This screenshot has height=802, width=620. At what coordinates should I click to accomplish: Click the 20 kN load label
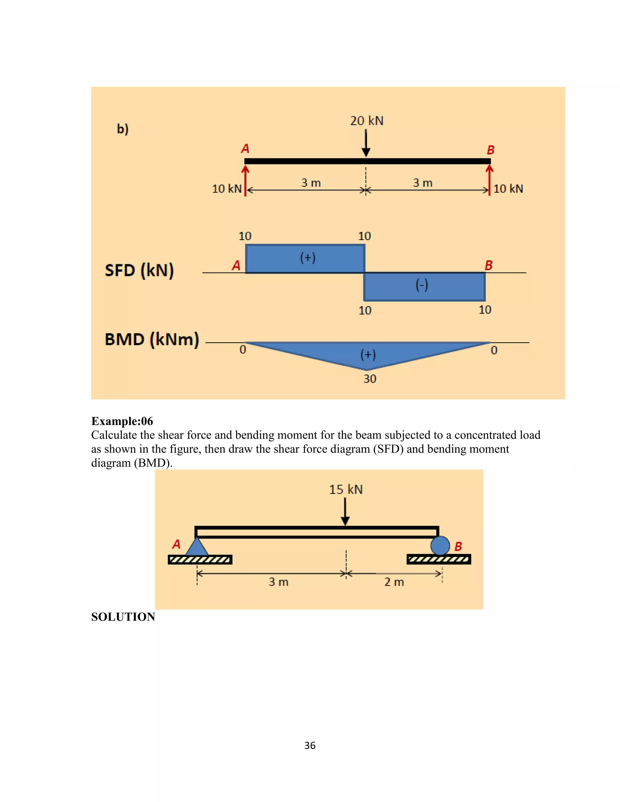coord(366,121)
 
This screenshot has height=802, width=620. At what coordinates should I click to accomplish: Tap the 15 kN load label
coord(346,489)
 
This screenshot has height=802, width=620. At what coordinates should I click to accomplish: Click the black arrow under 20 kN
coord(366,143)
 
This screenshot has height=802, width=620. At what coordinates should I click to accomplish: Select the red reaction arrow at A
coord(245,180)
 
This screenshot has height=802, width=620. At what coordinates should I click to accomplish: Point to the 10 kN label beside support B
coord(508,189)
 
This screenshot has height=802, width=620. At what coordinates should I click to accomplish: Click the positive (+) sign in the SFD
coord(308,258)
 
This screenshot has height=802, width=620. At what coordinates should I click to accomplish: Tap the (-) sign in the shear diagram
coord(422,285)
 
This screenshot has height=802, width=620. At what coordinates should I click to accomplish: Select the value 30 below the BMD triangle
coord(370,379)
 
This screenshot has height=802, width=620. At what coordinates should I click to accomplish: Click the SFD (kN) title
coord(139,271)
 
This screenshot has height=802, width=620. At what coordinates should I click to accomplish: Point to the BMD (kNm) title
coord(152,339)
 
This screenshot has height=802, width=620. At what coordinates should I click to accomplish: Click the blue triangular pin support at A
coord(197,547)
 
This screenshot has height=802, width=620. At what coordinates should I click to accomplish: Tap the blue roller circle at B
coord(440,545)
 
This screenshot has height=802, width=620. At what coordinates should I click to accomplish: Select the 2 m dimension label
coord(394,582)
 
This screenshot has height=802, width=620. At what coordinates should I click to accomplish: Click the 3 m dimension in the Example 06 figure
coord(279,582)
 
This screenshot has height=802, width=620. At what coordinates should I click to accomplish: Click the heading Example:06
coord(122,421)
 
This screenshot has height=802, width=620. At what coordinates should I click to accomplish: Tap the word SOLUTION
coord(123,617)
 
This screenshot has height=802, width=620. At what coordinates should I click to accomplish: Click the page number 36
coord(310,746)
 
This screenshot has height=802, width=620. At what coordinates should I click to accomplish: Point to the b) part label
coord(123,129)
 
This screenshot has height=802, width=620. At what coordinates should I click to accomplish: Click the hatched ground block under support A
coord(200,560)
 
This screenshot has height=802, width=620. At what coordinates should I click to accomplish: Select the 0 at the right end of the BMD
coord(494,350)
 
